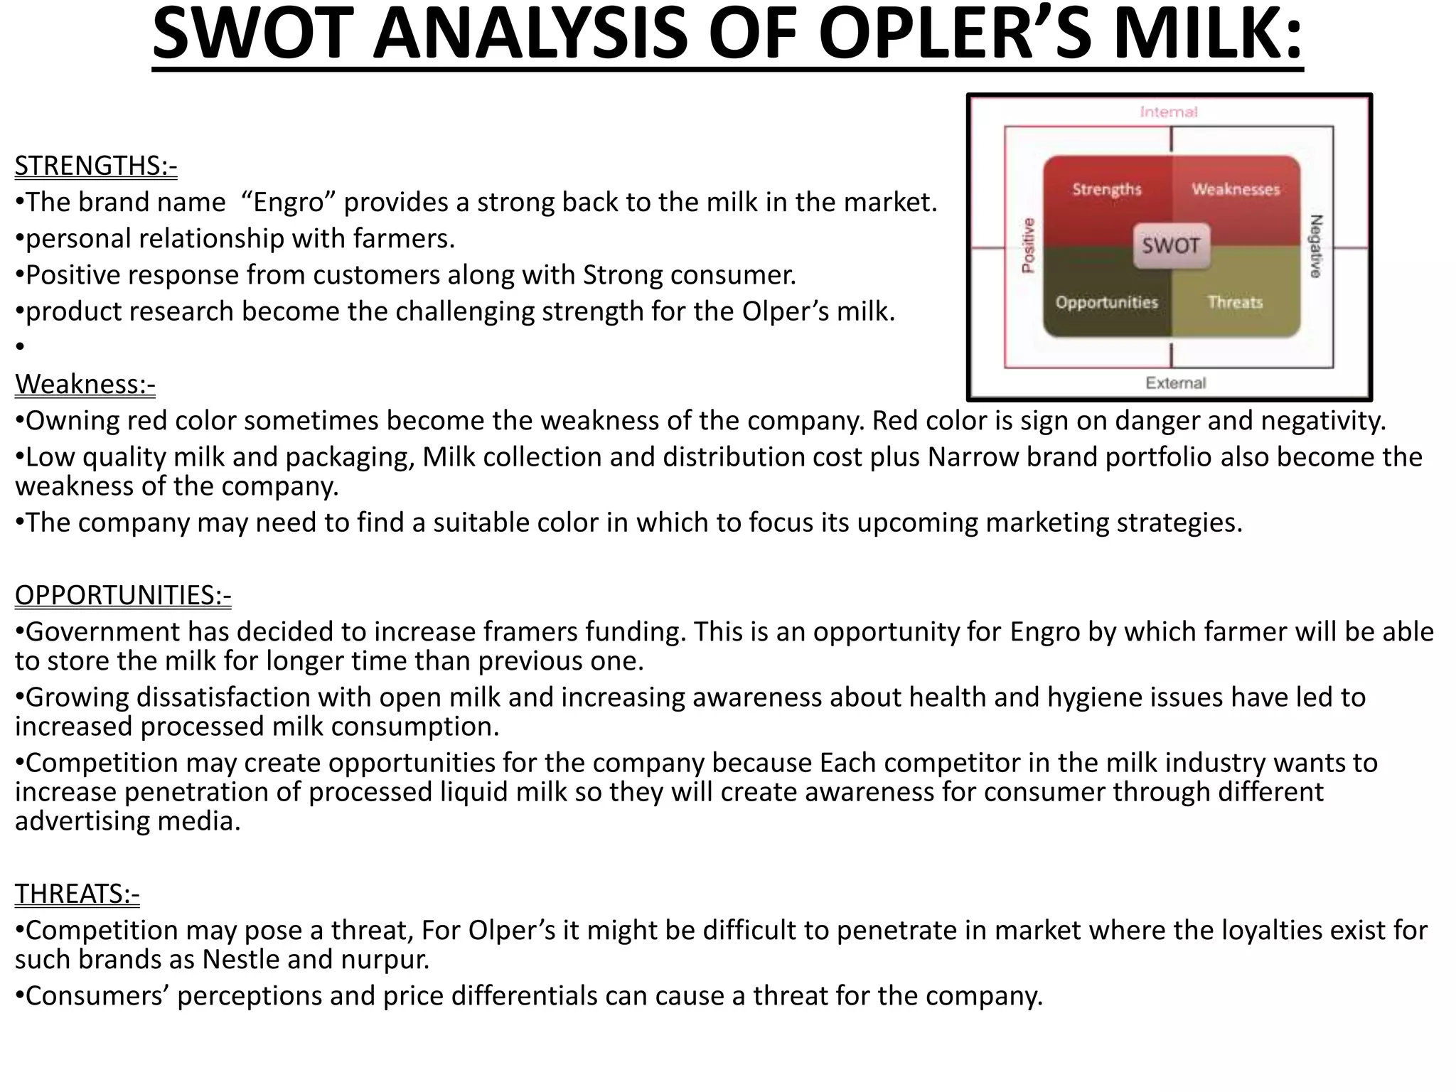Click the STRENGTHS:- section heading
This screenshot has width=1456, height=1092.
[x=96, y=166]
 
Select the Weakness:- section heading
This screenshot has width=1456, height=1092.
[x=85, y=384]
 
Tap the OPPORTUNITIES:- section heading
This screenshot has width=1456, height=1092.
[x=123, y=595]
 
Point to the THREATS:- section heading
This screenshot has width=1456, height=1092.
[x=77, y=894]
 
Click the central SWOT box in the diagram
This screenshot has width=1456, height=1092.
[x=1171, y=246]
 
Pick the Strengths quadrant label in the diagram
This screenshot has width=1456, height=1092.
[x=1107, y=189]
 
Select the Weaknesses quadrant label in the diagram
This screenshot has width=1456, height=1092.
[x=1236, y=189]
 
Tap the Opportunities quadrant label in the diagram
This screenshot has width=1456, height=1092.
[x=1107, y=302]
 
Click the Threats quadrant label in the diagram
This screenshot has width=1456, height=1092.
[x=1236, y=302]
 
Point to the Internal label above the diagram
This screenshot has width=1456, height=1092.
[x=1169, y=112]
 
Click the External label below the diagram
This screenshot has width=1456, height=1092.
[x=1176, y=383]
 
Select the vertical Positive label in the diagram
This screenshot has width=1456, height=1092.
[x=1028, y=245]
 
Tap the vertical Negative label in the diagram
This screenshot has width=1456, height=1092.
[x=1315, y=246]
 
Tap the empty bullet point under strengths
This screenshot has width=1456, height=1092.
[x=20, y=347]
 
